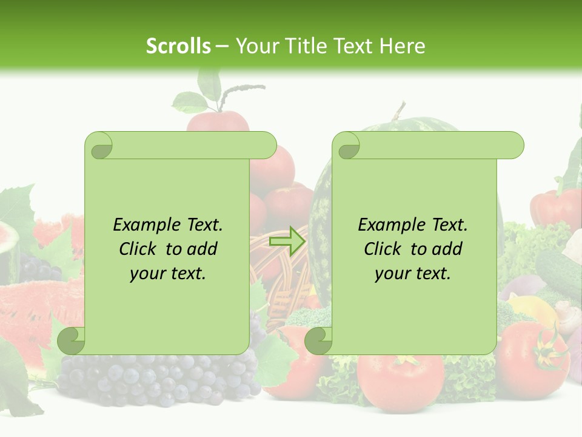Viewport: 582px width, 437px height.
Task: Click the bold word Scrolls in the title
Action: [x=179, y=46]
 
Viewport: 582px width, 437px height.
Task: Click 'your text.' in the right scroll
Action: [x=413, y=274]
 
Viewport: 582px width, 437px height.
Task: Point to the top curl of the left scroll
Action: [x=99, y=146]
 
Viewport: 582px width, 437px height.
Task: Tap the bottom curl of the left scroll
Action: [x=72, y=340]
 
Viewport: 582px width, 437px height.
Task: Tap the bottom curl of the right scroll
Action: [x=319, y=340]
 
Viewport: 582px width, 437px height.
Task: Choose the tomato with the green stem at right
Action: [x=533, y=352]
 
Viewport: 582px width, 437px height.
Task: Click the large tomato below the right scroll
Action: [x=400, y=379]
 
